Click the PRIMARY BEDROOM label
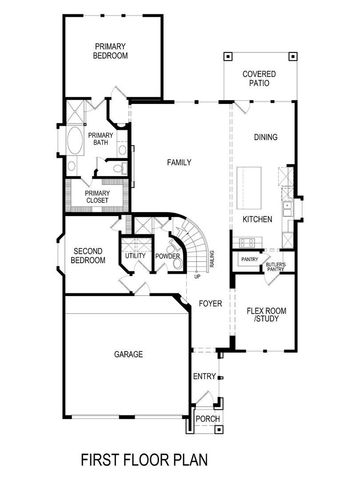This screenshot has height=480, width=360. (x=111, y=51)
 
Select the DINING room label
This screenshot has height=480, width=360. (x=266, y=138)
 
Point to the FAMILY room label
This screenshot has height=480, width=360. (x=179, y=162)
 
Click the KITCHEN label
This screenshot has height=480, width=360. (x=258, y=218)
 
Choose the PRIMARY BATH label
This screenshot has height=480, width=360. (x=100, y=139)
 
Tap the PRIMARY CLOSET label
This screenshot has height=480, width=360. (x=98, y=196)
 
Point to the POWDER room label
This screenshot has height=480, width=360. (x=167, y=256)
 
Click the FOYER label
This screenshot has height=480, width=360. (x=209, y=302)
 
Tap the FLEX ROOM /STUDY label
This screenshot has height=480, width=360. (x=266, y=316)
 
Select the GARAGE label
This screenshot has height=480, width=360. (x=127, y=354)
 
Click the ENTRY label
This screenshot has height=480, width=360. (x=204, y=376)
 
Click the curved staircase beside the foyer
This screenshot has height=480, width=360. (x=192, y=258)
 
